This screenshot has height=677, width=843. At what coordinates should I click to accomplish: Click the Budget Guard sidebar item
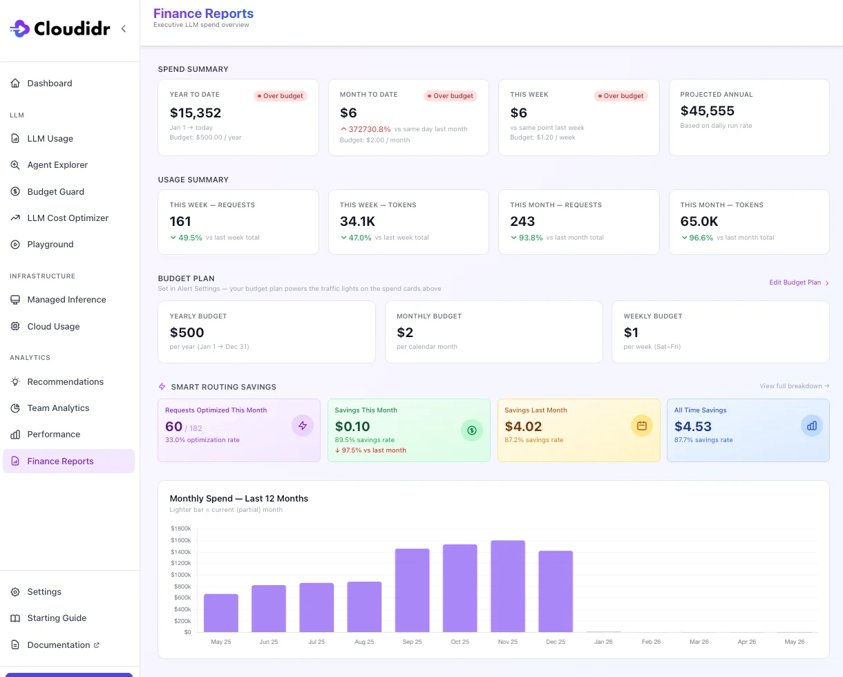[x=56, y=191]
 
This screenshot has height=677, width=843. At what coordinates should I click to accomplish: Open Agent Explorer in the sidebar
[x=57, y=165]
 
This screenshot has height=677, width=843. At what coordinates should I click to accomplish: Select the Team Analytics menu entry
[x=58, y=408]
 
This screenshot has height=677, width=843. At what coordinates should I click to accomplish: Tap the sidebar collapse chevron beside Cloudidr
[x=124, y=28]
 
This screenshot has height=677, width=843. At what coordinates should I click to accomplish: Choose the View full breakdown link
[x=794, y=386]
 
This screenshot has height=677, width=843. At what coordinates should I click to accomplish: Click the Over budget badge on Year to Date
[x=280, y=96]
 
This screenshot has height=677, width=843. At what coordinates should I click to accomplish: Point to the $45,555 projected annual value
[x=707, y=111]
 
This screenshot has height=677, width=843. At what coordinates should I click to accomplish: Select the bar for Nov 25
[x=508, y=586]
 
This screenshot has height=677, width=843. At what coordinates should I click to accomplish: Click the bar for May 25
[x=221, y=613]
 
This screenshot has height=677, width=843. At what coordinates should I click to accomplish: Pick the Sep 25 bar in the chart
[x=412, y=591]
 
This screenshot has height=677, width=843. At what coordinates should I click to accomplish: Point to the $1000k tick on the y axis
[x=180, y=575]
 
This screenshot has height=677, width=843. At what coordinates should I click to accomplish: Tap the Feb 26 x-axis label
[x=651, y=642]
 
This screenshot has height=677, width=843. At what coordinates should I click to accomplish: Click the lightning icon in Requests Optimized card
[x=303, y=426]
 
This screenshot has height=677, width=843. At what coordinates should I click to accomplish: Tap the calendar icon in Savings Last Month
[x=642, y=426]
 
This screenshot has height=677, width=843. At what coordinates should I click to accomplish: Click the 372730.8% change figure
[x=370, y=129]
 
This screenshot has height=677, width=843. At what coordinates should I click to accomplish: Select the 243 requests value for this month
[x=522, y=221]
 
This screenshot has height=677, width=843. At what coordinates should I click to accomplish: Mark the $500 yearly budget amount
[x=187, y=332]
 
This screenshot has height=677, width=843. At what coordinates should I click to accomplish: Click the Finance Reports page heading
[x=203, y=13]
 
